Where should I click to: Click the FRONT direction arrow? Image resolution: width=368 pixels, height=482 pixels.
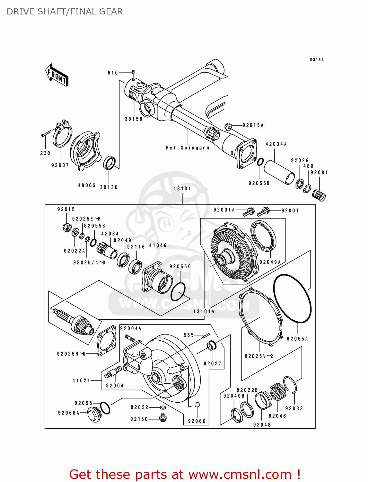(x=57, y=75)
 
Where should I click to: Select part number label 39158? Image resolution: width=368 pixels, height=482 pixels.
(x=134, y=119)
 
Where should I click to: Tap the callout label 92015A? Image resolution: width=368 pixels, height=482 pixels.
(x=253, y=125)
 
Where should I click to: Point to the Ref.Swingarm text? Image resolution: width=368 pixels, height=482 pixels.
(x=188, y=148)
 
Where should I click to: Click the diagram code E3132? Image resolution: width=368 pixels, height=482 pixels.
(x=317, y=60)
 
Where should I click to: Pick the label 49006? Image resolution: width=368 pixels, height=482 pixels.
(x=87, y=185)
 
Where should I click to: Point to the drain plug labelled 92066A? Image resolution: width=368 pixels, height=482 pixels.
(x=93, y=415)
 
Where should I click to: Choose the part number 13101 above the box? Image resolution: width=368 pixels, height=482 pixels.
(x=182, y=189)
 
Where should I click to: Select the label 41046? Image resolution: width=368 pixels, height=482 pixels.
(x=158, y=245)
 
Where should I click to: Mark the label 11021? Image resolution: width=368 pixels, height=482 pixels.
(x=82, y=380)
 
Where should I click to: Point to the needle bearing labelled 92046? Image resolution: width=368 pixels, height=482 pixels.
(x=277, y=392)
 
